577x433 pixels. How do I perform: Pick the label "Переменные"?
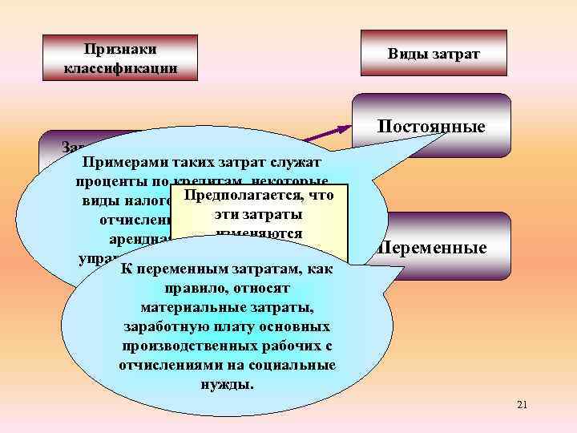pyautogui.click(x=433, y=248)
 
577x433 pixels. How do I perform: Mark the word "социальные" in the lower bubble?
pyautogui.click(x=292, y=365)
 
